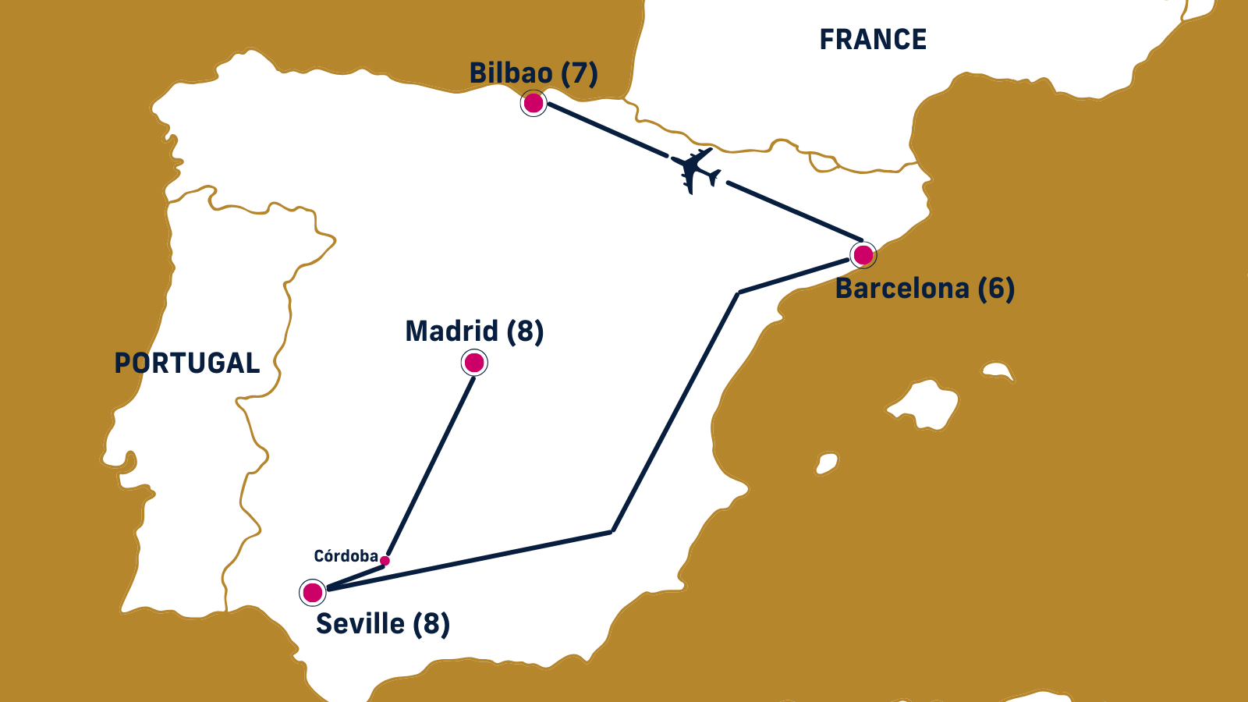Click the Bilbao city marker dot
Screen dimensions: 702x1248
tap(534, 103)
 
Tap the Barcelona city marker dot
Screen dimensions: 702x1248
tap(863, 255)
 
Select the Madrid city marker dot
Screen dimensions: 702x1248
tap(474, 363)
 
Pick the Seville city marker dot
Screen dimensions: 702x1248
tap(313, 593)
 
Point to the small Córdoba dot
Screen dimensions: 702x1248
tap(385, 561)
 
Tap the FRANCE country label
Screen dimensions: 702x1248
tap(873, 40)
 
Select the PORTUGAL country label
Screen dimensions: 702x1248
tap(187, 363)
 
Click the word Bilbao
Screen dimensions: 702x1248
tap(511, 73)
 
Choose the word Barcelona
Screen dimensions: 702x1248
tap(902, 289)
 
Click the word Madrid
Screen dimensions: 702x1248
tap(452, 331)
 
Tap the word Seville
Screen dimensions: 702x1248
tap(360, 624)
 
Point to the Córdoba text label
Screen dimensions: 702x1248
tap(346, 556)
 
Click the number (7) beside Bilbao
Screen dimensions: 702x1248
tap(580, 73)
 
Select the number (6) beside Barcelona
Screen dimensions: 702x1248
tap(996, 289)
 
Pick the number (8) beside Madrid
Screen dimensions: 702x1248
tap(525, 331)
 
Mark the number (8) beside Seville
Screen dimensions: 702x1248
tap(431, 624)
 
